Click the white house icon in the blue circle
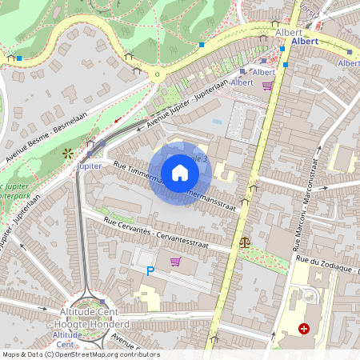tap(180, 172)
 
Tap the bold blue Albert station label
tap(306, 41)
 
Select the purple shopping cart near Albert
tap(267, 85)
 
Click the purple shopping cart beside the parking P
tap(175, 261)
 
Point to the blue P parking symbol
tap(150, 272)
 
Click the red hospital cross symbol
tap(304, 328)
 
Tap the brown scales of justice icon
tap(244, 241)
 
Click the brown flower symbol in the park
tap(66, 151)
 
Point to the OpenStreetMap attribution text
tap(81, 354)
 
